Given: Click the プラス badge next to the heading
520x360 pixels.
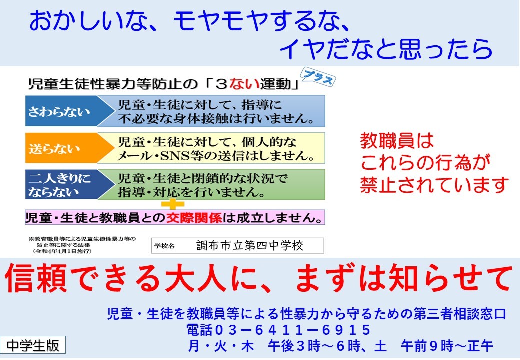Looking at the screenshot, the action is tap(318, 77).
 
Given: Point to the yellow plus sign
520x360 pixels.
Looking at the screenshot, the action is tap(173, 204).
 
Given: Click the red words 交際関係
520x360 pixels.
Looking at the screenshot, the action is tap(194, 218).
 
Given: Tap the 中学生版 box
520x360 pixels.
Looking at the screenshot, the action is tap(33, 345).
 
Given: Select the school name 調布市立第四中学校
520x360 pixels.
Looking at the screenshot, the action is tap(250, 245).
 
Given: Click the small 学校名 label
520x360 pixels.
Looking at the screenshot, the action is tap(164, 246).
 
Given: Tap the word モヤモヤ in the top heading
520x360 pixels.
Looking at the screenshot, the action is tap(221, 21).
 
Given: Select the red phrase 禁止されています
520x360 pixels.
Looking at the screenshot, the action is tap(434, 185).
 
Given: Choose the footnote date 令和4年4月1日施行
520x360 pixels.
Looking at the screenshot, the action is tap(62, 251).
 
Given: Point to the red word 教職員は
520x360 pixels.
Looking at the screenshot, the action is tap(397, 140).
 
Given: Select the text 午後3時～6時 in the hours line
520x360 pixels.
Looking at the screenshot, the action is tap(314, 346).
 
